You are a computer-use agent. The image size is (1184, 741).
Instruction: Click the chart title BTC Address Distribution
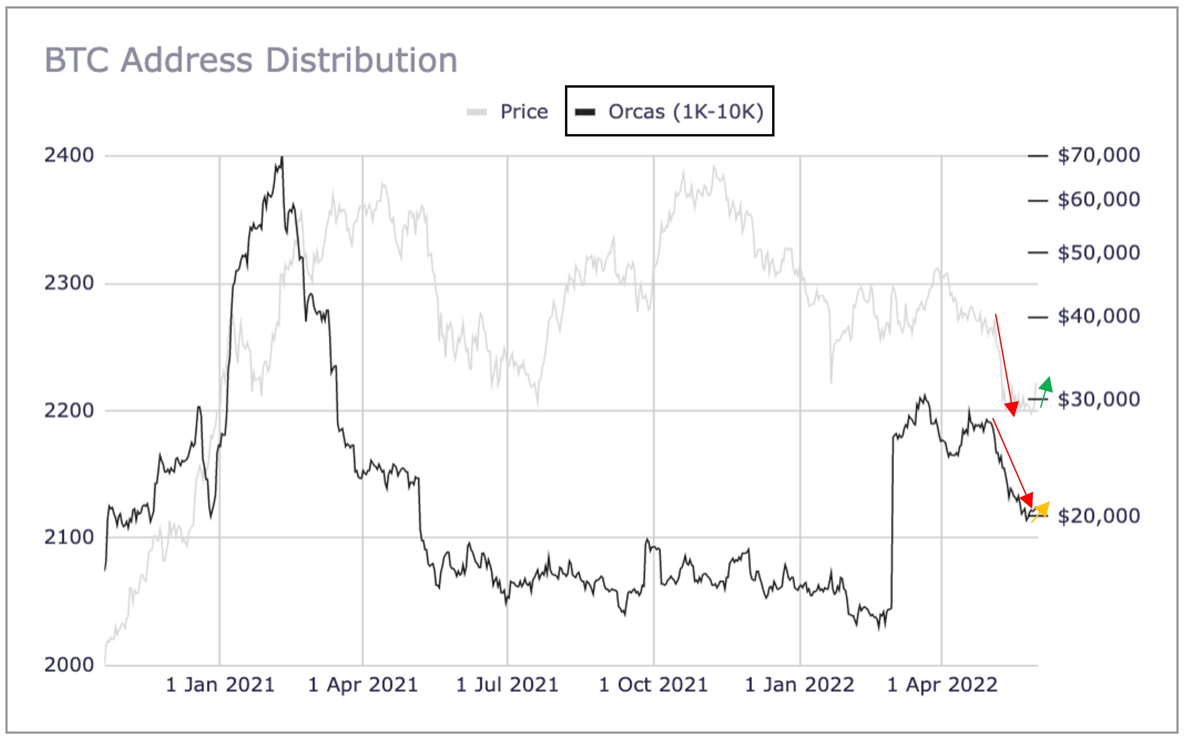pos(251,60)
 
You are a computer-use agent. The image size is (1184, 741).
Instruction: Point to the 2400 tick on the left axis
pos(69,155)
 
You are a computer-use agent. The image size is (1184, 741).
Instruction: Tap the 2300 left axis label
pos(69,283)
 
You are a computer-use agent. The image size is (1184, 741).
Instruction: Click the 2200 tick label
pos(69,410)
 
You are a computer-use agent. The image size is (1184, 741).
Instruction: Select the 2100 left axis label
pos(69,537)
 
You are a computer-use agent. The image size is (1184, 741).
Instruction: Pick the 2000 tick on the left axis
pos(69,665)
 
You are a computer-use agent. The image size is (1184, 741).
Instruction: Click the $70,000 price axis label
pos(1098,155)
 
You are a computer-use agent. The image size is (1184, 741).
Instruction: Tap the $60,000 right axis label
pos(1098,199)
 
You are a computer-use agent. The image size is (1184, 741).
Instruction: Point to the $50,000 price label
pos(1098,253)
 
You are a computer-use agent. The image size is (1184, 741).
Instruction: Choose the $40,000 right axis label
pos(1098,316)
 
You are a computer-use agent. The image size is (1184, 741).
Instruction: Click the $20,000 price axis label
pos(1098,516)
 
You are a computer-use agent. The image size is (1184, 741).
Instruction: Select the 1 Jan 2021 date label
pos(220,685)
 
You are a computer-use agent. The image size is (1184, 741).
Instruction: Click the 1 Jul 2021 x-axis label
pos(508,685)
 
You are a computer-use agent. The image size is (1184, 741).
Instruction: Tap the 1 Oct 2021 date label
pos(654,685)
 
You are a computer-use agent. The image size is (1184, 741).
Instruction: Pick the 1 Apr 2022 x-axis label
pos(942,685)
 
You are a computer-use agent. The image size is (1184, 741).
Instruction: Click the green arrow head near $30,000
pos(1046,384)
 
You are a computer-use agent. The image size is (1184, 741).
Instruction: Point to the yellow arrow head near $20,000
pos(1043,508)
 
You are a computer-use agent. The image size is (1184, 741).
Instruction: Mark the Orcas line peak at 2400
pos(282,157)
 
